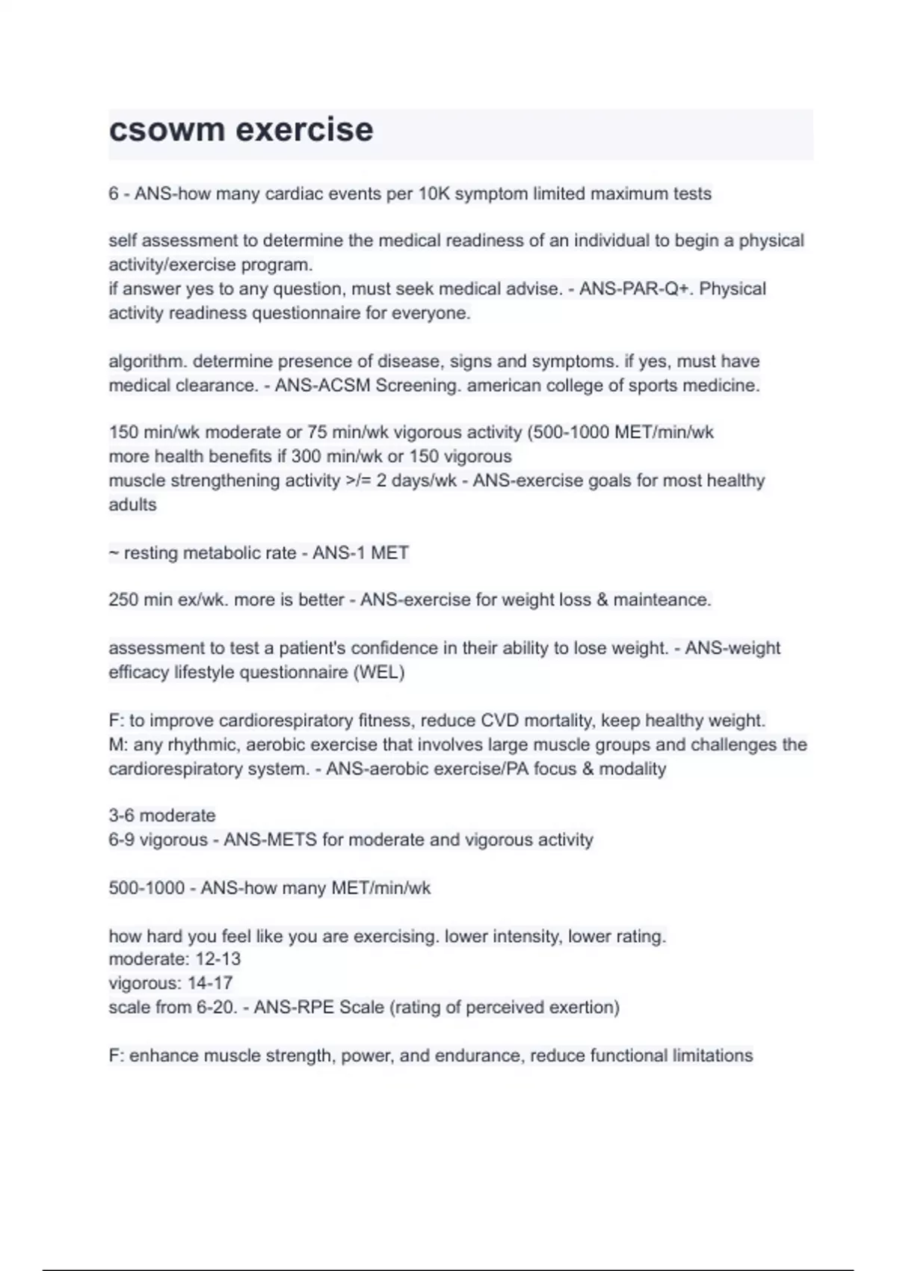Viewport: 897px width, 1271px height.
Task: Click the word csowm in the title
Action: point(166,130)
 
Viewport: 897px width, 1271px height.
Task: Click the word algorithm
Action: point(148,362)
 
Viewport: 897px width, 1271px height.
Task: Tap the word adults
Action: point(132,505)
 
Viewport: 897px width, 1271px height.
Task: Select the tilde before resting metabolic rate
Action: point(114,554)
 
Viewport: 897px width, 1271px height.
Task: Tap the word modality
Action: point(632,769)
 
